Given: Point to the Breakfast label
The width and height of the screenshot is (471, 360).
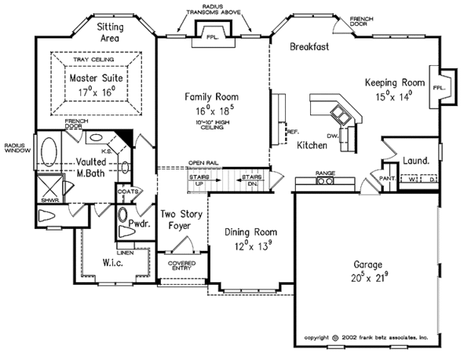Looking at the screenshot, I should [309, 46].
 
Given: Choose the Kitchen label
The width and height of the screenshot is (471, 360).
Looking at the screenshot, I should [312, 144].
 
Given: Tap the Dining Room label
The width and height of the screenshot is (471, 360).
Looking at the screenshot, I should [251, 231].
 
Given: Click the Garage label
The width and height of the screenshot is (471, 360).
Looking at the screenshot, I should [363, 265].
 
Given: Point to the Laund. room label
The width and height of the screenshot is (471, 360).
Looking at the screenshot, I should [415, 161].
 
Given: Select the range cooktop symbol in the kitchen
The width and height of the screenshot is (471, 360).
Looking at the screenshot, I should [325, 181].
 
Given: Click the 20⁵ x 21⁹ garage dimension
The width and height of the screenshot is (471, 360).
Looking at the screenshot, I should [363, 278].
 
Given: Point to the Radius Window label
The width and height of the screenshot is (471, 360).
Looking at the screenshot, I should [16, 147].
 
